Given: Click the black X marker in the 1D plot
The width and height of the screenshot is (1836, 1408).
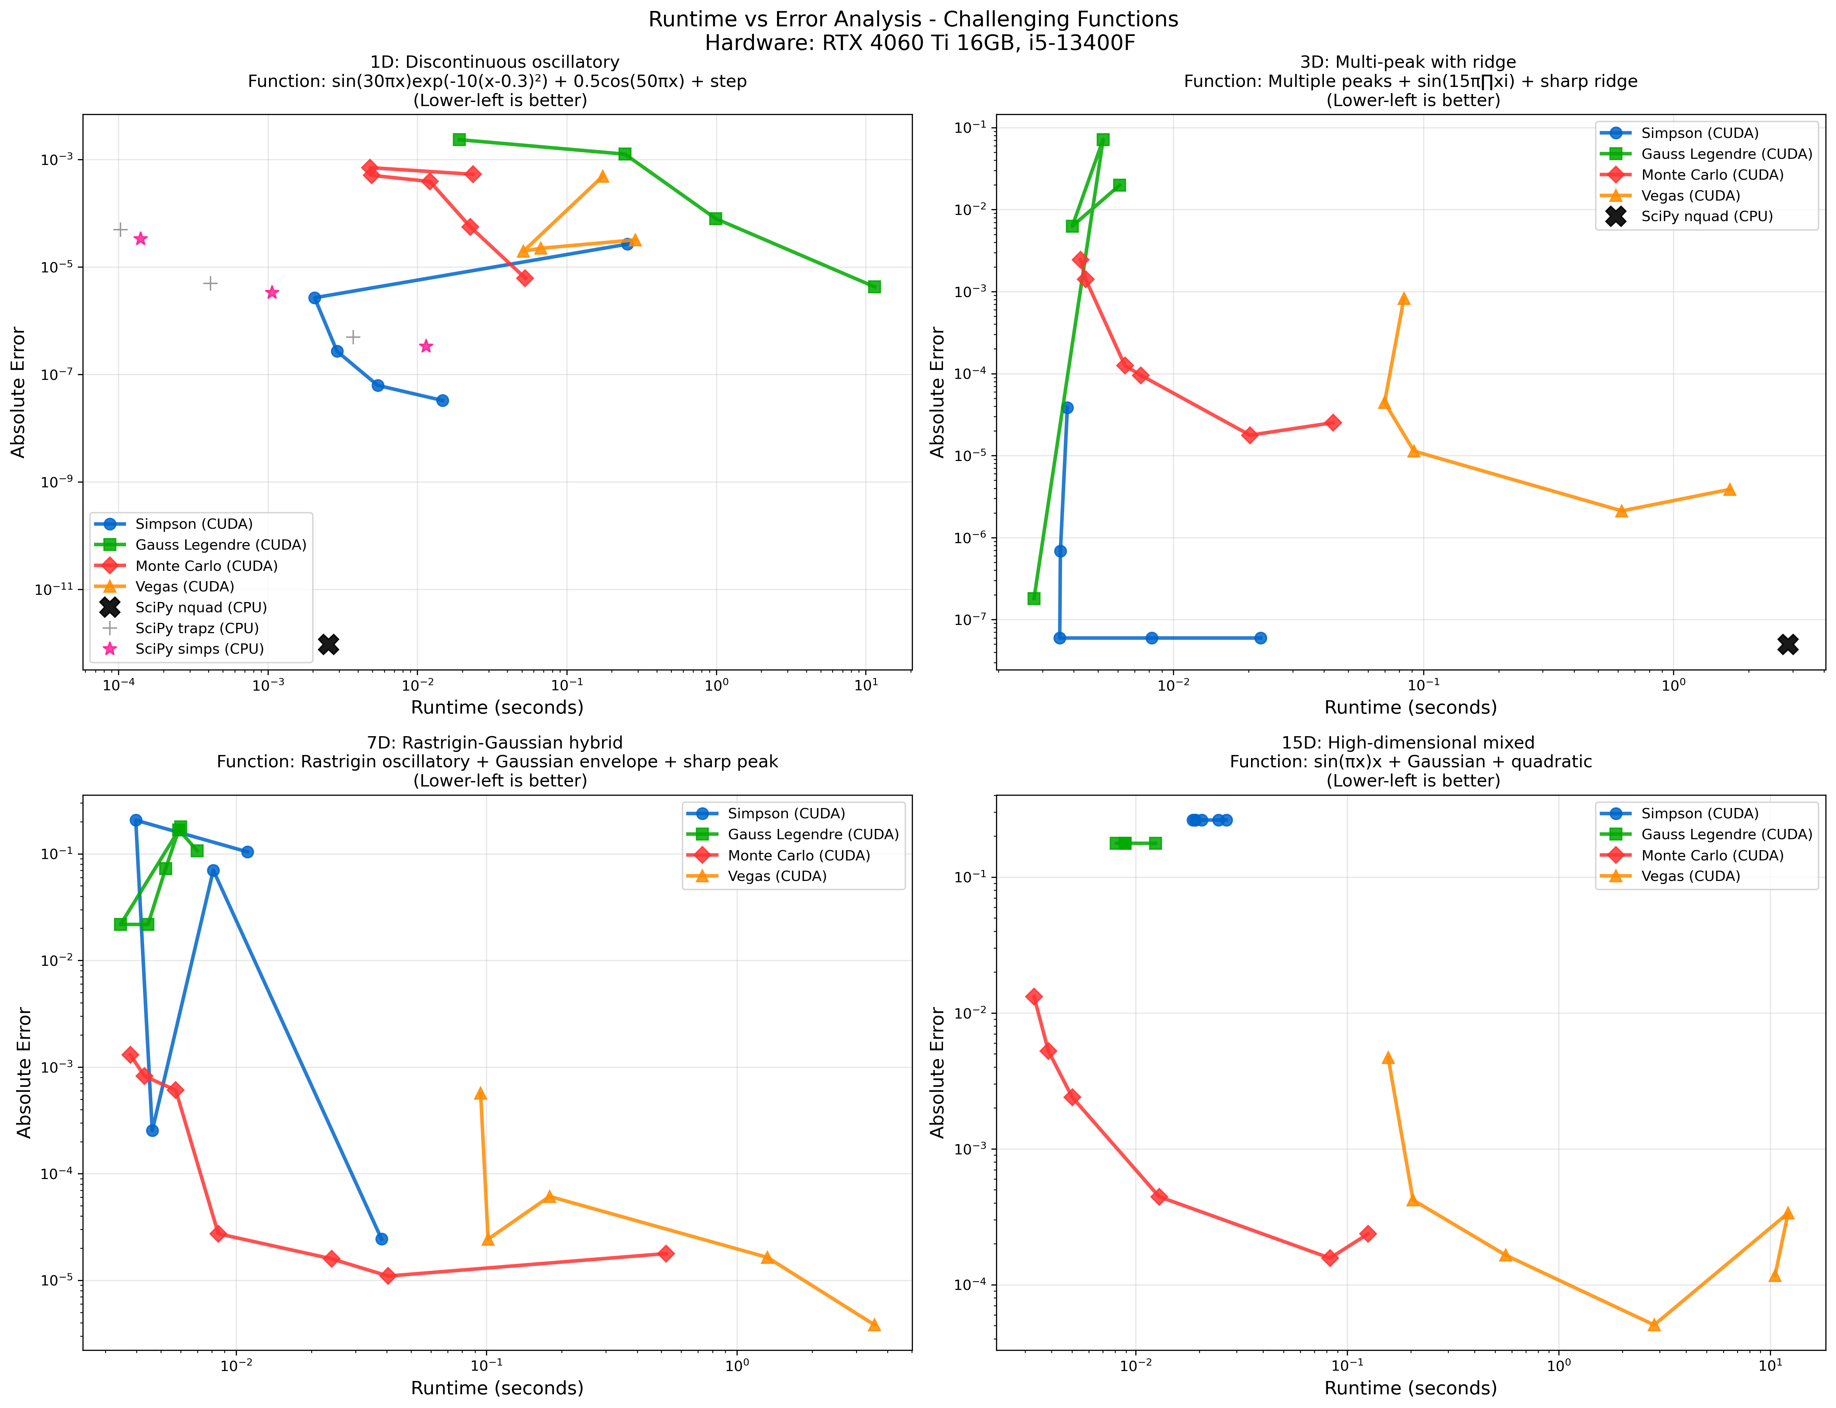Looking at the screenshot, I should tap(329, 644).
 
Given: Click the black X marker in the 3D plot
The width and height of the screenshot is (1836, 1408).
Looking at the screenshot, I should tap(1787, 644).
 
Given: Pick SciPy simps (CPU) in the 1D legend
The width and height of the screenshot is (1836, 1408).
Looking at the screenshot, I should tap(200, 649).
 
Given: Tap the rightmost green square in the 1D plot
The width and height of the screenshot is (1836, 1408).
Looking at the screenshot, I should tap(874, 286).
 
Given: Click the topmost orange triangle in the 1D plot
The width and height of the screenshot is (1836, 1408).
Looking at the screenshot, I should tap(602, 176).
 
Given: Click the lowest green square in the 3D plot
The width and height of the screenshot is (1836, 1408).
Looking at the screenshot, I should tap(1034, 598).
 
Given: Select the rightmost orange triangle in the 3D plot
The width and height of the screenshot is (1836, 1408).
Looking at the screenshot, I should tap(1730, 489).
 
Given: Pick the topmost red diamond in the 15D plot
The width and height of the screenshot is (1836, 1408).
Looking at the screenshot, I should tap(1034, 997).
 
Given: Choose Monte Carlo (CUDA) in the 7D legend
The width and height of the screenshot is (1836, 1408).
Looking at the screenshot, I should tap(799, 855).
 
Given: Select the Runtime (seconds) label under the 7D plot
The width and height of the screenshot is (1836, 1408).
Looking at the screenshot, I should tap(497, 1388).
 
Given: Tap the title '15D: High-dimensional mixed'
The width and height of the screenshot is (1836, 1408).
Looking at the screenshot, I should tap(1408, 743).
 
